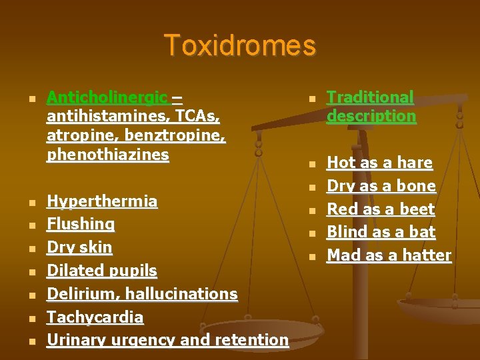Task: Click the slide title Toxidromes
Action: [x=240, y=45]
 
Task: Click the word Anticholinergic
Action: [x=107, y=97]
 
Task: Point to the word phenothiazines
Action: [x=108, y=155]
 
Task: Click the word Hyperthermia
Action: [x=102, y=201]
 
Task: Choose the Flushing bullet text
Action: [x=81, y=225]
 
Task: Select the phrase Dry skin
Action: [x=79, y=247]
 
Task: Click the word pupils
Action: [x=134, y=271]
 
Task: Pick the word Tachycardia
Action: [x=95, y=317]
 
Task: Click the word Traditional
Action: [x=370, y=97]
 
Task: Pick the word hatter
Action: [x=428, y=255]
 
